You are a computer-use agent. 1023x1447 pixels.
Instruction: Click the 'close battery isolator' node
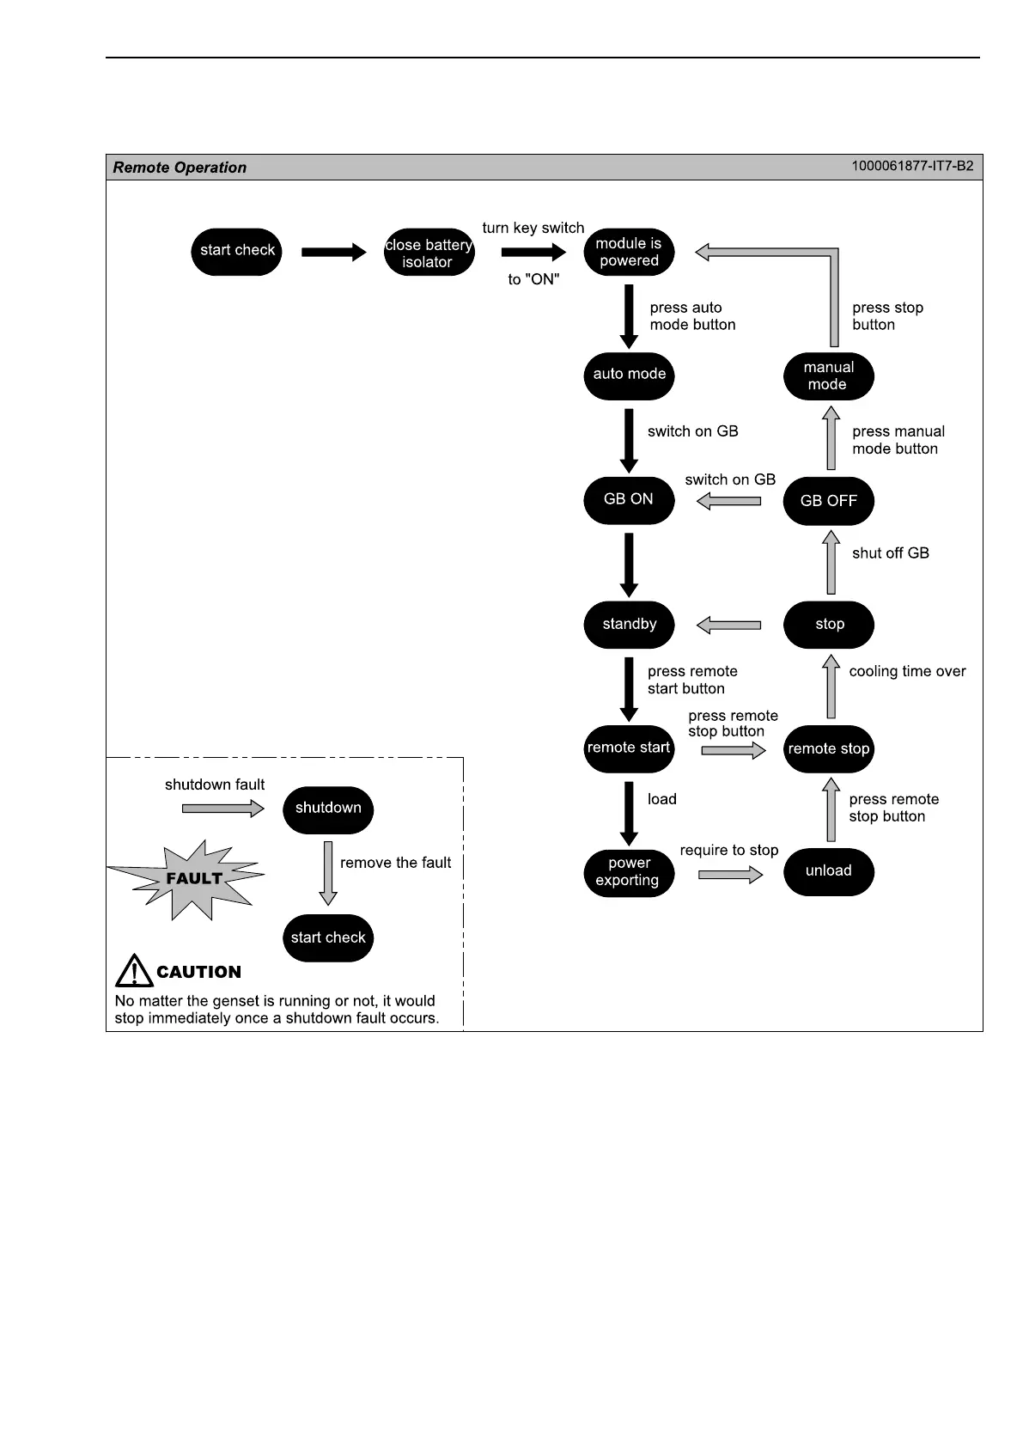429,253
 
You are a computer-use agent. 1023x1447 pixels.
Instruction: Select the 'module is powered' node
629,253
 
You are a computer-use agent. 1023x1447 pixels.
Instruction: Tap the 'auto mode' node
629,375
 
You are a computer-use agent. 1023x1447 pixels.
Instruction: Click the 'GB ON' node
629,500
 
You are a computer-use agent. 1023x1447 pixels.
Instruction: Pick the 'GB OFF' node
828,501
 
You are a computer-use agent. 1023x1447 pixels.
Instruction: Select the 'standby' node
629,625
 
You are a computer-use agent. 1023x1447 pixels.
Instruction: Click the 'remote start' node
629,748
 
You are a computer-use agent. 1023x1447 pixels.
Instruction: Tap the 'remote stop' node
828,749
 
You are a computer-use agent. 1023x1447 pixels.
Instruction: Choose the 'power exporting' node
629,872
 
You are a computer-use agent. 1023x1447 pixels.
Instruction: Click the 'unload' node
828,871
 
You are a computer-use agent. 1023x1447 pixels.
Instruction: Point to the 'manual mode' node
828,376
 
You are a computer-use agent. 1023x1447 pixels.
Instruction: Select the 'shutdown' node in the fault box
328,809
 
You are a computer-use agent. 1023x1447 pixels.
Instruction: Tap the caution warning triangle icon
134,971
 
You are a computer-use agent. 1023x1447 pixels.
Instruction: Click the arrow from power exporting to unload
730,875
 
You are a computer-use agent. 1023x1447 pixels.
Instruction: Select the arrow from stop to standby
728,626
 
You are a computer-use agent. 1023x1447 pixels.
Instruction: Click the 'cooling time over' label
907,672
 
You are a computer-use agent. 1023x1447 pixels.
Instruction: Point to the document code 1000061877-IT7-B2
912,166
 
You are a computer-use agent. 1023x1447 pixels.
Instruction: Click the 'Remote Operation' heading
180,168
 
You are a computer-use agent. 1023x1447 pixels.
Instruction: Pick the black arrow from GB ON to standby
629,564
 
